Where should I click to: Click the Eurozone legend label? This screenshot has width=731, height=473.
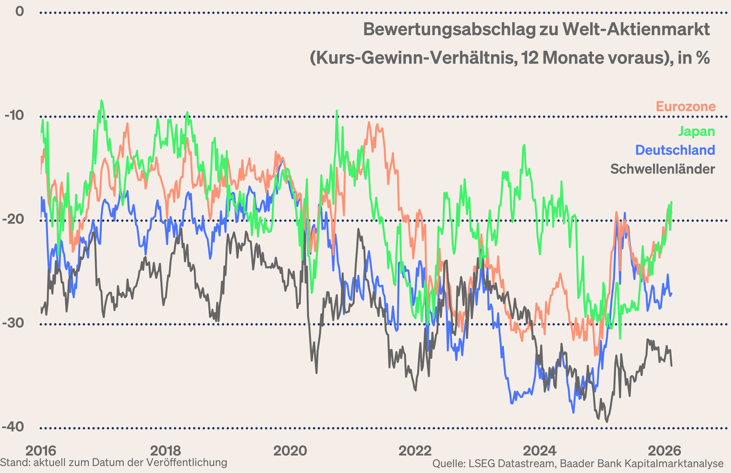point(685,107)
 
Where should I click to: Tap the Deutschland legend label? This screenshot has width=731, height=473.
point(675,150)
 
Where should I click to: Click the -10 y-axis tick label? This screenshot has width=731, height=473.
point(14,115)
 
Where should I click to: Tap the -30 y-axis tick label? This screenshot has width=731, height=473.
point(13,323)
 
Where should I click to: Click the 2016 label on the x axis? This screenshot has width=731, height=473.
point(41,451)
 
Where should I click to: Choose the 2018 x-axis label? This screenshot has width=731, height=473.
point(165,451)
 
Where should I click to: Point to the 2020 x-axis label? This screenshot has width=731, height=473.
point(290,451)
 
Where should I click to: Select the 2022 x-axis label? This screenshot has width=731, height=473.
point(415,451)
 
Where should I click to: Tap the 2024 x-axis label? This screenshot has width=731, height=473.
point(540,451)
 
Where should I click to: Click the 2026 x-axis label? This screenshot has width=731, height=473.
point(664,451)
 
